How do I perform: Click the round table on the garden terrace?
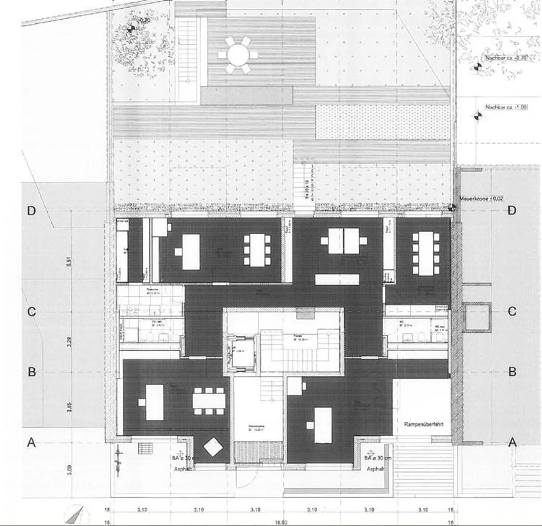pyautogui.click(x=238, y=55)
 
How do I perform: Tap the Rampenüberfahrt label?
pyautogui.click(x=423, y=424)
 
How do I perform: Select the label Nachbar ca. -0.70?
pyautogui.click(x=505, y=58)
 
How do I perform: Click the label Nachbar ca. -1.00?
pyautogui.click(x=506, y=107)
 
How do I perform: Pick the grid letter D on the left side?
pyautogui.click(x=32, y=211)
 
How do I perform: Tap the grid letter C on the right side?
pyautogui.click(x=512, y=312)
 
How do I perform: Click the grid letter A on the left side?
pyautogui.click(x=32, y=442)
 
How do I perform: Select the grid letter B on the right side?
pyautogui.click(x=512, y=372)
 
